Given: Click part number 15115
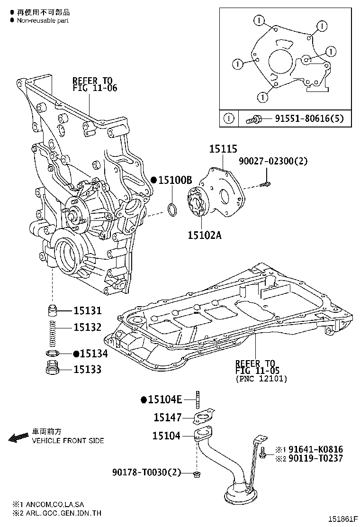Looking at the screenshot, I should [223, 149].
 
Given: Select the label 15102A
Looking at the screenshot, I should [205, 235].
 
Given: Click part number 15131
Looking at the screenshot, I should [87, 311].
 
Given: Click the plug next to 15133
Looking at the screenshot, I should [52, 368].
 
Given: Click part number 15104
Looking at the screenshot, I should [166, 435].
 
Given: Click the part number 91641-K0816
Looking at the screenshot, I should [316, 449].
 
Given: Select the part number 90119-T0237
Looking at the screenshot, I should [316, 458].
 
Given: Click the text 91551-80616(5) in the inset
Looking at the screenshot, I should [303, 119].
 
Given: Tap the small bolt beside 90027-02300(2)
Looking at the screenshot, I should [267, 183].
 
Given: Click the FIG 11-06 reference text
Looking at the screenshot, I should [95, 88].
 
